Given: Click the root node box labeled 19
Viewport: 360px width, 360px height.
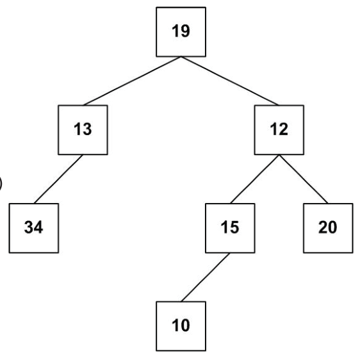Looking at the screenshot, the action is point(181,32).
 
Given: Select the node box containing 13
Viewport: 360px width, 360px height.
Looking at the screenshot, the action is point(83,130).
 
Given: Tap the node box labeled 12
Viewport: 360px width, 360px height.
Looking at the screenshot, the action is point(279,130).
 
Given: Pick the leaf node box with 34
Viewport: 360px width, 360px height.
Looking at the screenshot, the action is point(34,228).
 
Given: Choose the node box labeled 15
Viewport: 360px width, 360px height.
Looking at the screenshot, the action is point(230,228).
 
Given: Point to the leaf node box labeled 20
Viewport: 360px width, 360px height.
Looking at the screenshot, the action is point(328,228).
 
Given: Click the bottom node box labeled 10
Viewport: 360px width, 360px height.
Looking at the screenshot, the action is point(181,326).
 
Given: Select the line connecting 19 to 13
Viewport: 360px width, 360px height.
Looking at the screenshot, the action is point(132,81).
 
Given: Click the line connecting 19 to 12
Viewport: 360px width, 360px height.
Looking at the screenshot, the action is point(230,81).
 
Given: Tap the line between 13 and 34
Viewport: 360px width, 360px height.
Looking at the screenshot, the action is point(58,179).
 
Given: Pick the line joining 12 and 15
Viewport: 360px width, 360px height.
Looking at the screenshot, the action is point(254,179).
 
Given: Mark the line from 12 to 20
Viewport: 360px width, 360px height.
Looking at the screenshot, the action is point(304,179).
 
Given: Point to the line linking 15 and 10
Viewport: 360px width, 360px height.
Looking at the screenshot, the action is point(206,277).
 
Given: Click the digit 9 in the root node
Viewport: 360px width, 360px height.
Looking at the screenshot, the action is point(186,31).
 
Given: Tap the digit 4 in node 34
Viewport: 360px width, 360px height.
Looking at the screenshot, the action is point(38,227).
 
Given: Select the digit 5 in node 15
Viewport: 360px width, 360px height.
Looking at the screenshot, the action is point(234,227).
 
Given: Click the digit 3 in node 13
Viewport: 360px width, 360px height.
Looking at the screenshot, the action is point(87,129).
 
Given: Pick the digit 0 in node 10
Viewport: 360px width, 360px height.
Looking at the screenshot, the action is point(186,325).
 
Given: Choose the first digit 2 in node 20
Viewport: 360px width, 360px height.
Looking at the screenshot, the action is point(323,227).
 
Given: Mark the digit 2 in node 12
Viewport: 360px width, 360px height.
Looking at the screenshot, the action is point(284,129).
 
